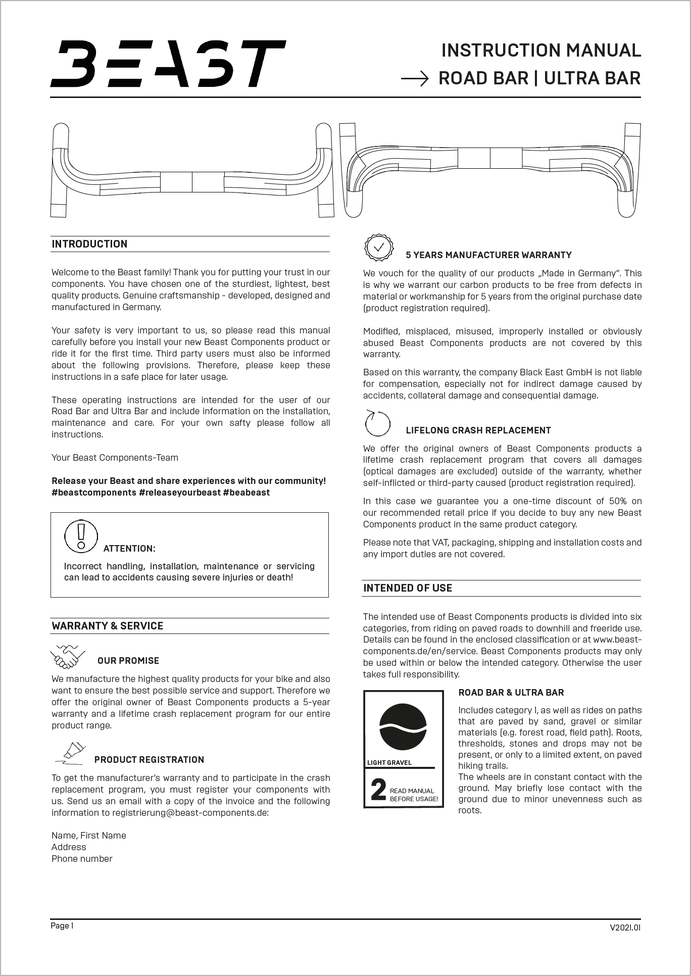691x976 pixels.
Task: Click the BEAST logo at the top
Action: click(168, 64)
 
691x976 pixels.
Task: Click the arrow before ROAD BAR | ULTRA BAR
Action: click(415, 79)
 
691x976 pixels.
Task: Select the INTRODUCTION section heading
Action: click(89, 244)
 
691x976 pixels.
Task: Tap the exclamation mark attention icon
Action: click(81, 536)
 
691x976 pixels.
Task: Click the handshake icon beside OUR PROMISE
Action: click(68, 656)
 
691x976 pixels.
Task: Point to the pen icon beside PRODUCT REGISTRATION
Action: click(71, 753)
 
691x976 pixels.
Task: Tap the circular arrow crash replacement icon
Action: click(378, 423)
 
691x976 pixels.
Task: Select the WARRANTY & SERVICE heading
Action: click(107, 626)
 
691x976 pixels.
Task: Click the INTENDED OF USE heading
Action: click(408, 588)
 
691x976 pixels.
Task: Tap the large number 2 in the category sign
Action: click(378, 791)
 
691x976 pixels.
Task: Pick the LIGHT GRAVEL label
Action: click(389, 762)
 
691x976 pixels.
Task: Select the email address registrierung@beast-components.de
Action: click(190, 813)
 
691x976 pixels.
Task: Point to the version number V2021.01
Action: click(625, 928)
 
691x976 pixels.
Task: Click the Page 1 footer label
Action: click(62, 925)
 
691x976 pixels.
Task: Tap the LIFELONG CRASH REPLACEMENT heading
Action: click(478, 430)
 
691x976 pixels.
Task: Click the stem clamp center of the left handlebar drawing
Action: click(192, 182)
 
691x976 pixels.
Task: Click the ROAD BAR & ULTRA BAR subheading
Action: click(511, 693)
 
